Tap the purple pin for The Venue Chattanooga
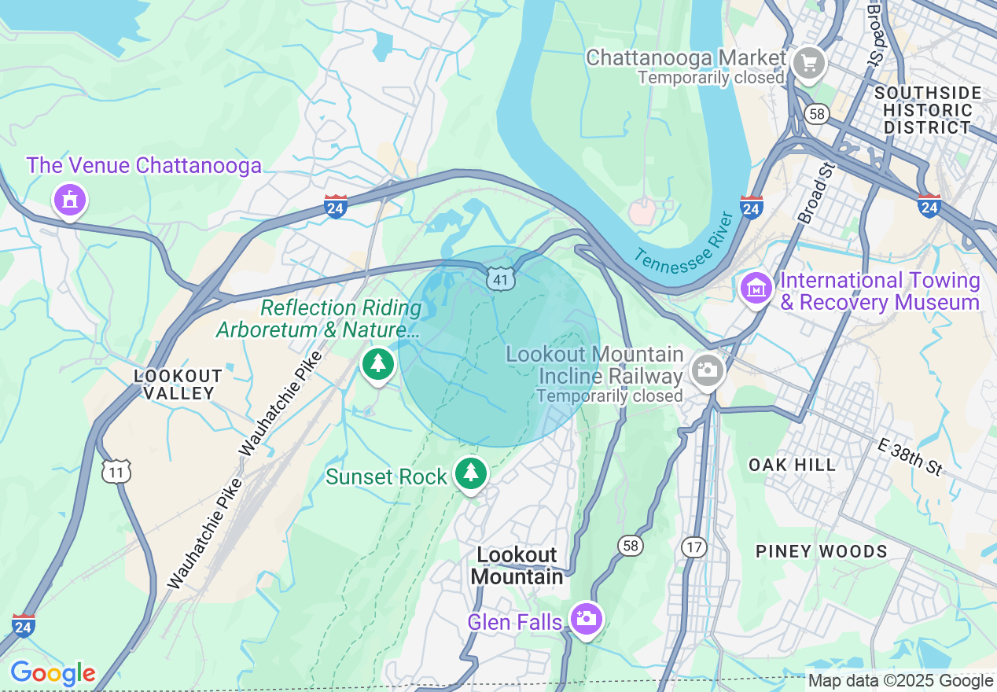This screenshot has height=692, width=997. tap(70, 199)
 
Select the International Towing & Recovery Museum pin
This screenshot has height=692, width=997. tap(756, 288)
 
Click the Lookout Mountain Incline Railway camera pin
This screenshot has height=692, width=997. tap(707, 370)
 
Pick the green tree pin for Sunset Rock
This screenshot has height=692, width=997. tap(470, 473)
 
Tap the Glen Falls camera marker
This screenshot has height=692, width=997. tap(586, 619)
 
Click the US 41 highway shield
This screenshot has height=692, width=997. tap(501, 278)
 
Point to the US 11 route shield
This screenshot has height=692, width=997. tap(116, 471)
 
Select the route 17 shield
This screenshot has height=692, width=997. tap(693, 547)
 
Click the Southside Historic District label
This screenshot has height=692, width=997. tap(927, 110)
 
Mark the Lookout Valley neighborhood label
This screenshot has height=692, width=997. tap(178, 385)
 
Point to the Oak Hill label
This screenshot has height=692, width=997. tap(792, 465)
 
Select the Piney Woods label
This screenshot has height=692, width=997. tap(821, 551)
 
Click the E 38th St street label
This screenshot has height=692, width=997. tap(910, 458)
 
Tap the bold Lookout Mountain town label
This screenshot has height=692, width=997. tap(517, 565)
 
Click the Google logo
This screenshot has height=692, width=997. tap(53, 673)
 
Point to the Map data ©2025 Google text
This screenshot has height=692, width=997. tap(901, 681)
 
